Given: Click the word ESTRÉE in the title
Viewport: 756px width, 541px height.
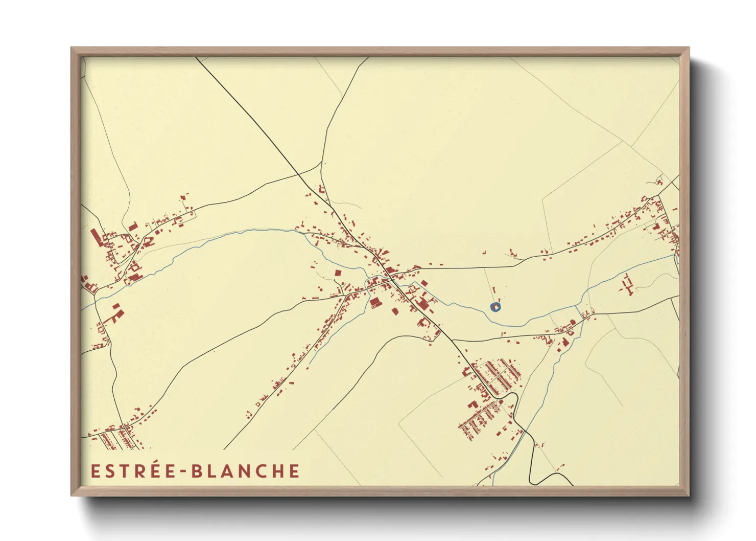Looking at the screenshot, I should pos(134,471).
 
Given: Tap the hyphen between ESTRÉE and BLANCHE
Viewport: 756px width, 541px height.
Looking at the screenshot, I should pos(184,472).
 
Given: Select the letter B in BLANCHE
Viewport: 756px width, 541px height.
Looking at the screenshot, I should pos(197,471).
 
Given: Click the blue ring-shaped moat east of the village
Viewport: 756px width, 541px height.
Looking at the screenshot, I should pos(495,307).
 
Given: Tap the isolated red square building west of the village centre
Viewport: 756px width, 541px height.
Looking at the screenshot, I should pos(338,274).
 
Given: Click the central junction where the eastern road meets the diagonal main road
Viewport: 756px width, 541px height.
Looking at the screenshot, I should pos(390,277).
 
